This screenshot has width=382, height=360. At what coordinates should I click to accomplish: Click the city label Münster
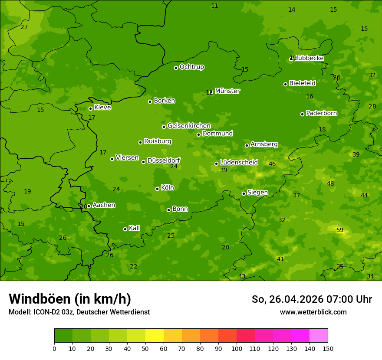[227, 91]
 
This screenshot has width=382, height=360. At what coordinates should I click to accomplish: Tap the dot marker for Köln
[157, 189]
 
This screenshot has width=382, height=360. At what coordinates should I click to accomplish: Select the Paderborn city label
[321, 113]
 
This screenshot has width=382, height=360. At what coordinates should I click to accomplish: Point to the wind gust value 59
[340, 230]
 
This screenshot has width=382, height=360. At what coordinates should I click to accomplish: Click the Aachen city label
[104, 205]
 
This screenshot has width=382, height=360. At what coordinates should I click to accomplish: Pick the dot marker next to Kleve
[90, 108]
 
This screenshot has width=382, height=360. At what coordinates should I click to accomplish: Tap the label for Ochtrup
[191, 67]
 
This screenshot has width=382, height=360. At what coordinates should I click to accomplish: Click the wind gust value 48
[330, 183]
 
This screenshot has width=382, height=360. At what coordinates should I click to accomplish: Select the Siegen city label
[257, 193]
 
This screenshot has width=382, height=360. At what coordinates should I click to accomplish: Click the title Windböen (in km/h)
[70, 299]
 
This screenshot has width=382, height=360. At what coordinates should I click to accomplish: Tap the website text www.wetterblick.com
[313, 312]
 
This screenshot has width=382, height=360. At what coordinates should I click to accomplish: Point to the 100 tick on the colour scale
[237, 348]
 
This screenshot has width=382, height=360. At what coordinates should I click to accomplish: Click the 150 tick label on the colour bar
[328, 348]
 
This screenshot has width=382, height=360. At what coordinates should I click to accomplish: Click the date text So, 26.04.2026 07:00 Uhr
[312, 299]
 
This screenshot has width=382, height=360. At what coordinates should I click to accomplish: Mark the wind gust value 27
[24, 27]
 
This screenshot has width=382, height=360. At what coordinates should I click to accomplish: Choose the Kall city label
[134, 228]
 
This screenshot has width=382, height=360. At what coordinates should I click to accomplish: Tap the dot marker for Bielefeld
[285, 84]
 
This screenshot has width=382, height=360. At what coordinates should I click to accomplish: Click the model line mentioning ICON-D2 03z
[79, 312]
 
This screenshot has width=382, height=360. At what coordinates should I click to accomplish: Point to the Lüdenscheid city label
[239, 163]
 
